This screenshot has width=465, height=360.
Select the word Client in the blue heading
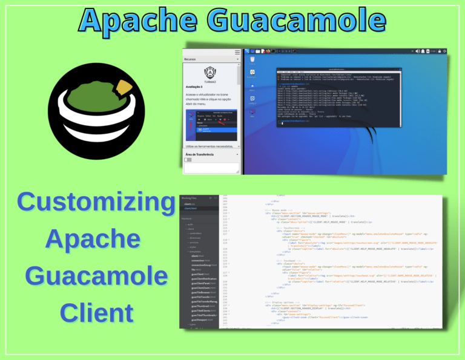pyautogui.click(x=97, y=312)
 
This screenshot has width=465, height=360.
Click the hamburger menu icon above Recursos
pyautogui.click(x=237, y=53)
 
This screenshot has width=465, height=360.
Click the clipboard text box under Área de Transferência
pyautogui.click(x=212, y=168)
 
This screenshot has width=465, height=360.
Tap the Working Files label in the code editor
pyautogui.click(x=192, y=198)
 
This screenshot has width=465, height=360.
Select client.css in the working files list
pyautogui.click(x=189, y=205)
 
